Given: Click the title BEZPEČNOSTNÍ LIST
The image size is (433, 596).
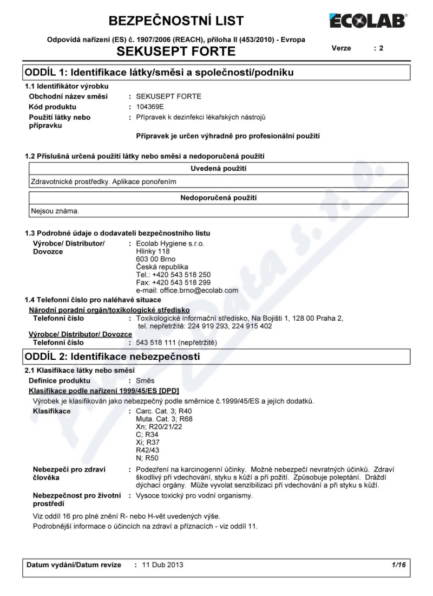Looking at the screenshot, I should (176, 21).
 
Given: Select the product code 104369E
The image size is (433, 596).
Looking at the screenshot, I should (152, 107).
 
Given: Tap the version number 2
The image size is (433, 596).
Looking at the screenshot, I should (381, 48).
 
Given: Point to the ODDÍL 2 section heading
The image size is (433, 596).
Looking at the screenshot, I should (113, 356).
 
